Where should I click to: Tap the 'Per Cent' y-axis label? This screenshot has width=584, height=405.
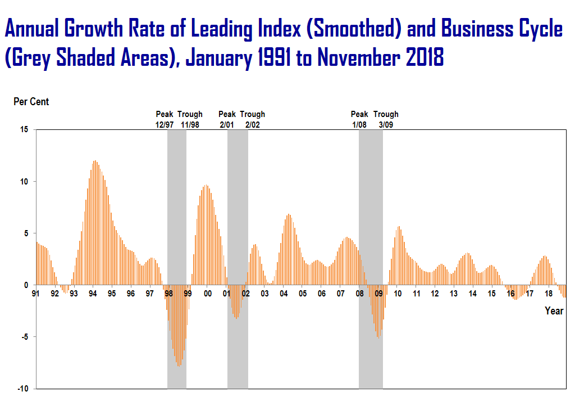point(31,102)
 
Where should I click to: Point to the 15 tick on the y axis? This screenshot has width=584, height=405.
point(24,129)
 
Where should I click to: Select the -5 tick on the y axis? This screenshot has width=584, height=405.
point(24,337)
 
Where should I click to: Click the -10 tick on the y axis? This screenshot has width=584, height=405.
point(23,389)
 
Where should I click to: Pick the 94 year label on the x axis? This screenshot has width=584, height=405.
point(93,294)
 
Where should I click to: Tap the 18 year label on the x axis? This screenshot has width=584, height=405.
point(549,294)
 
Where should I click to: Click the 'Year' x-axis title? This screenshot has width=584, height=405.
point(554,311)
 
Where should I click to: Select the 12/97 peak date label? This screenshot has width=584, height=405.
point(165,124)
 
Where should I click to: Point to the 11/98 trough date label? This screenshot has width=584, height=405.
point(190,124)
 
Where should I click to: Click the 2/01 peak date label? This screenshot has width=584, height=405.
point(227,124)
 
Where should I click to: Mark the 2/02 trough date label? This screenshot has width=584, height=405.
point(252,124)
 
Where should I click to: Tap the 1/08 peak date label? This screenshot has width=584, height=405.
point(359,124)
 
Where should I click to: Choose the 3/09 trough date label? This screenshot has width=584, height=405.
point(386,124)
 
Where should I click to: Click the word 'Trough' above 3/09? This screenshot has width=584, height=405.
point(386,115)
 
